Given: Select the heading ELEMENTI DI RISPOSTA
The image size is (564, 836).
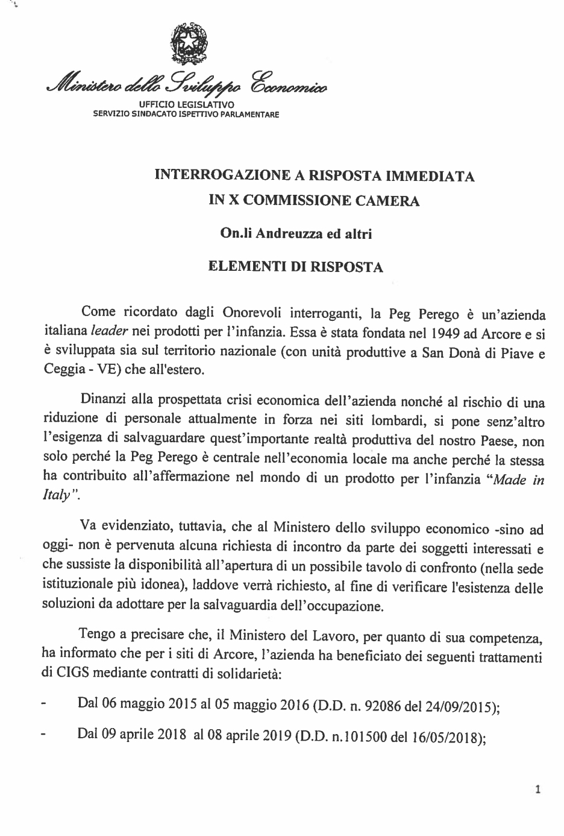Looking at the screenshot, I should coord(295,267).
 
